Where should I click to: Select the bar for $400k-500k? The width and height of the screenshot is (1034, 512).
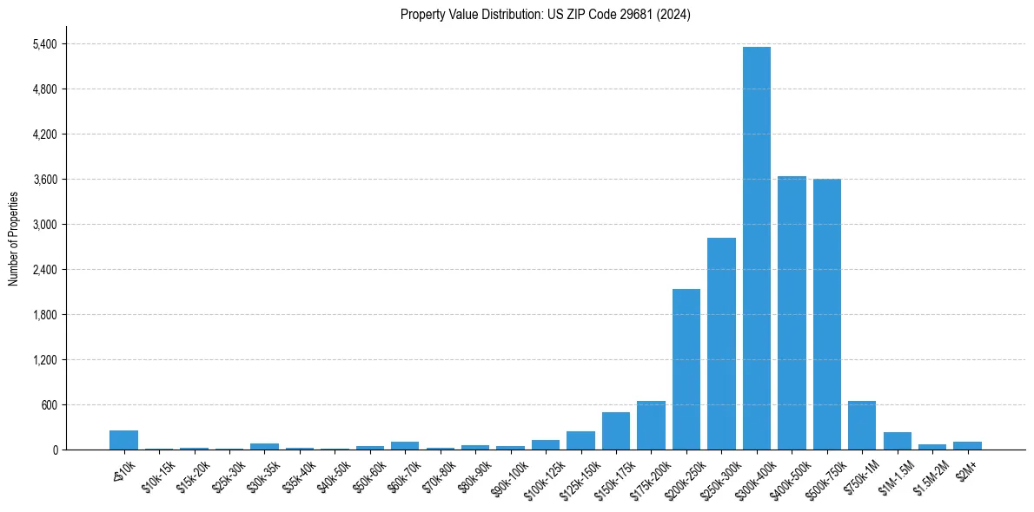coord(792,312)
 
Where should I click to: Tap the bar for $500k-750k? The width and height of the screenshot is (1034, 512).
coord(826,314)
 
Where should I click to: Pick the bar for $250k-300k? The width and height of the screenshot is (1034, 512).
coord(721,344)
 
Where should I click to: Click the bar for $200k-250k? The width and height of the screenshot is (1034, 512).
coord(686,369)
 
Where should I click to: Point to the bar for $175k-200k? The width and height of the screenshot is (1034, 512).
coord(651,425)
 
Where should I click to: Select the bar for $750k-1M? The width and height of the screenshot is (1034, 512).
coord(862,425)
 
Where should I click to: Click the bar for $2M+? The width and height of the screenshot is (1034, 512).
coord(967,445)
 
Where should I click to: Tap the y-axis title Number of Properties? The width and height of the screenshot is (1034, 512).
coord(13,239)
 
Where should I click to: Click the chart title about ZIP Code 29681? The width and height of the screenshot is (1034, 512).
coord(546,15)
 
